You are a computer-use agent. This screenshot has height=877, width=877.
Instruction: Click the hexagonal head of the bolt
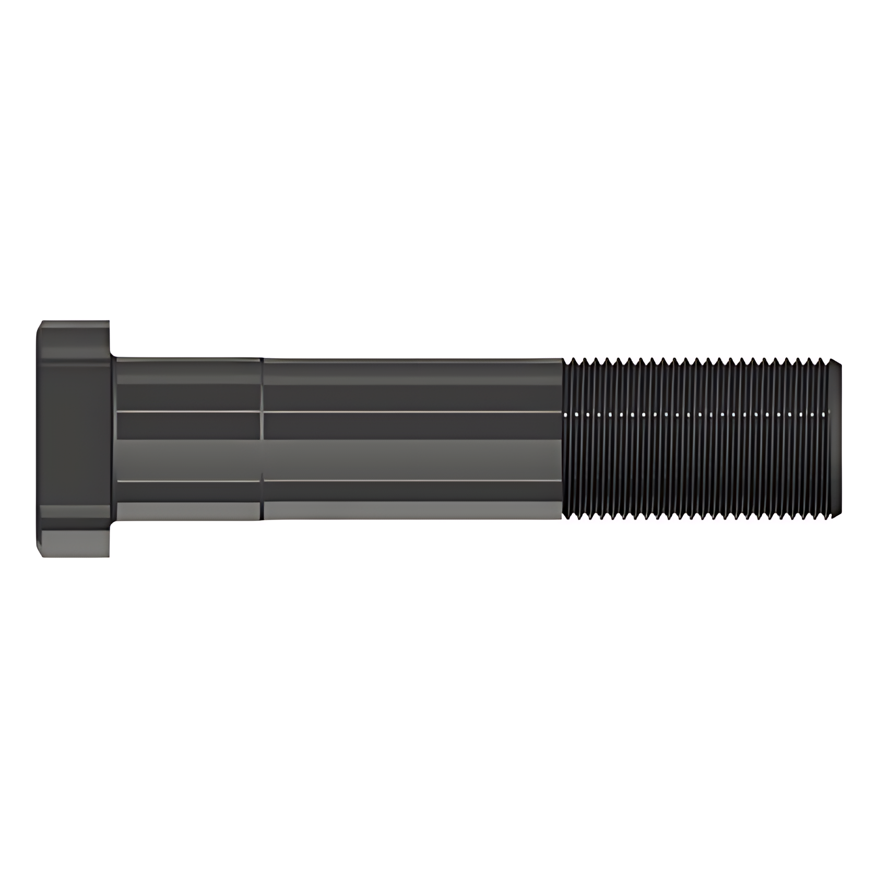(x=73, y=438)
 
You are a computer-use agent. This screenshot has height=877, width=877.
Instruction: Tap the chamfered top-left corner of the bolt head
(x=40, y=325)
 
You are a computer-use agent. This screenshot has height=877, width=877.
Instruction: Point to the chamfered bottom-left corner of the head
(x=40, y=552)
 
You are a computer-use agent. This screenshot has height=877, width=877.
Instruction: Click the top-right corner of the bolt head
(x=109, y=322)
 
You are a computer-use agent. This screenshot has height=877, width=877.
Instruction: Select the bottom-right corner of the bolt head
(x=109, y=555)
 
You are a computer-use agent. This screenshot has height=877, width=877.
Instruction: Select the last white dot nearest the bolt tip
(x=824, y=413)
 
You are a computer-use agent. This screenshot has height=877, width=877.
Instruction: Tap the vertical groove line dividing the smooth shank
(x=262, y=438)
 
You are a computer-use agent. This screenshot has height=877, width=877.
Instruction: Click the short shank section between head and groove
(x=188, y=438)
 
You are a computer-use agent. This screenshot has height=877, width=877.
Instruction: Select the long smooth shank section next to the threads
(x=412, y=438)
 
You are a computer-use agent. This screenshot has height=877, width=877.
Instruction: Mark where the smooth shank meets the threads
(x=563, y=438)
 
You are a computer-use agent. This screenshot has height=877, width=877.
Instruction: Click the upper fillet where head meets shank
(x=113, y=357)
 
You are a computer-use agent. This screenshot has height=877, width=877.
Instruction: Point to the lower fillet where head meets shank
(x=113, y=520)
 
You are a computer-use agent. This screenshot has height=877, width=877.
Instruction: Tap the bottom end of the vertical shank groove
(x=262, y=519)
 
